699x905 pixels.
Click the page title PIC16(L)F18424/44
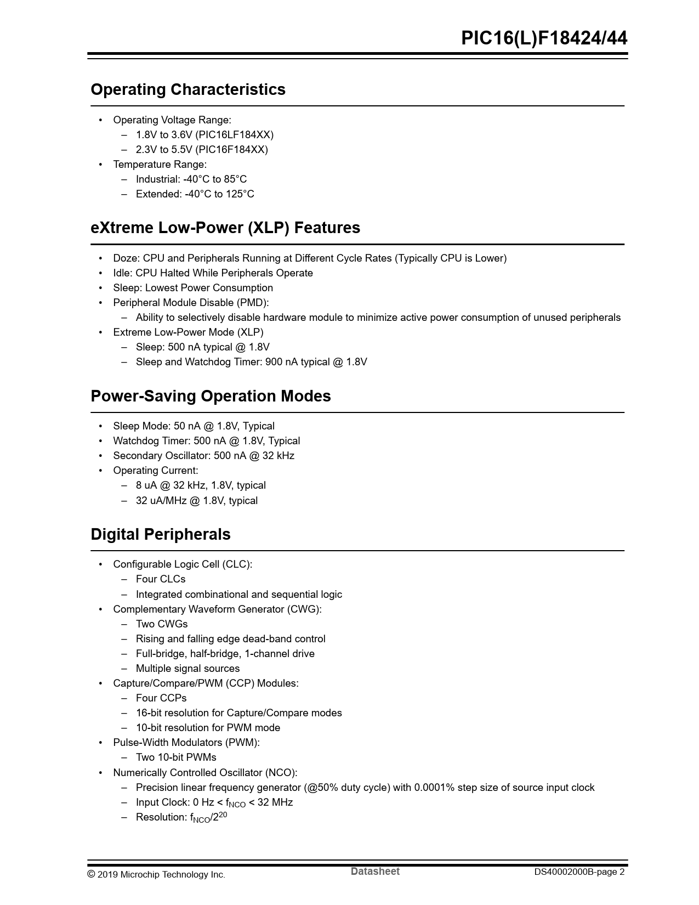click(x=544, y=38)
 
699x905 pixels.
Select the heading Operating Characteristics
click(x=188, y=89)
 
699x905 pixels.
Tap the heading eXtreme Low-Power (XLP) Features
click(x=225, y=228)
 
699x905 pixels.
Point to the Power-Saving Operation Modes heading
click(x=211, y=396)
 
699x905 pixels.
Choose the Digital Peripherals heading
click(x=161, y=534)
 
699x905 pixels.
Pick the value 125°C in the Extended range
click(x=240, y=194)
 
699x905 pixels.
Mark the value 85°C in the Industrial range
click(x=235, y=179)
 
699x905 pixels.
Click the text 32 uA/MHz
click(x=161, y=501)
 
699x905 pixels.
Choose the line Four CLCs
click(x=161, y=579)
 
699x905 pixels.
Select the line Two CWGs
click(x=162, y=624)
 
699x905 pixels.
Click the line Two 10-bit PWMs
click(x=176, y=757)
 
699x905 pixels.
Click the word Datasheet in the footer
click(x=375, y=872)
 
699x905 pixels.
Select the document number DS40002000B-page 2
click(x=579, y=872)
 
